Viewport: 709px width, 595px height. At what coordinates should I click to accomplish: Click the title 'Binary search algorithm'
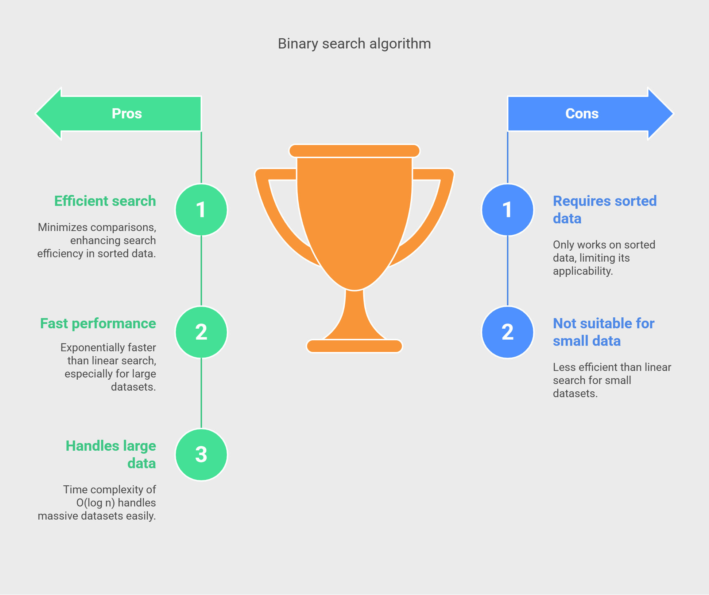point(354,44)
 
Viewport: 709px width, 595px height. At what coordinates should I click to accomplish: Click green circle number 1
point(201,210)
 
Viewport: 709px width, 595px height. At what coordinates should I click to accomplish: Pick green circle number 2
point(201,332)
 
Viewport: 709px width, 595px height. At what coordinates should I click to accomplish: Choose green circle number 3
point(201,455)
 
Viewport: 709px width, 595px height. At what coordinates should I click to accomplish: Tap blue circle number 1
point(508,210)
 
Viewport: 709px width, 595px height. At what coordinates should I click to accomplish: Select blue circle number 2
point(508,332)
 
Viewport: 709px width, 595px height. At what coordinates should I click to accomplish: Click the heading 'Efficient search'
point(105,201)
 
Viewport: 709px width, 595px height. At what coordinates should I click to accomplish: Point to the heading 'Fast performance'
point(98,324)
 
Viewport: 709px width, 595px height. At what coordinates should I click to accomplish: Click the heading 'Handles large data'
point(111,455)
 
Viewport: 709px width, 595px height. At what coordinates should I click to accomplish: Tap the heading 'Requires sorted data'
point(605,210)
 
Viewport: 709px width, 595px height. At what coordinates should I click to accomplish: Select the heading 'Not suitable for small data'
point(604,332)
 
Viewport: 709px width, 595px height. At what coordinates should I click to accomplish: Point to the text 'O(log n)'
point(96,503)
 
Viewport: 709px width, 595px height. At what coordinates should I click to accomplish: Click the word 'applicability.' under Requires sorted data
point(583,271)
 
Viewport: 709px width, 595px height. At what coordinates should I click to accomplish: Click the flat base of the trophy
point(354,346)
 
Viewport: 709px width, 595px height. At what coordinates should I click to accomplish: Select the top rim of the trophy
point(354,151)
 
